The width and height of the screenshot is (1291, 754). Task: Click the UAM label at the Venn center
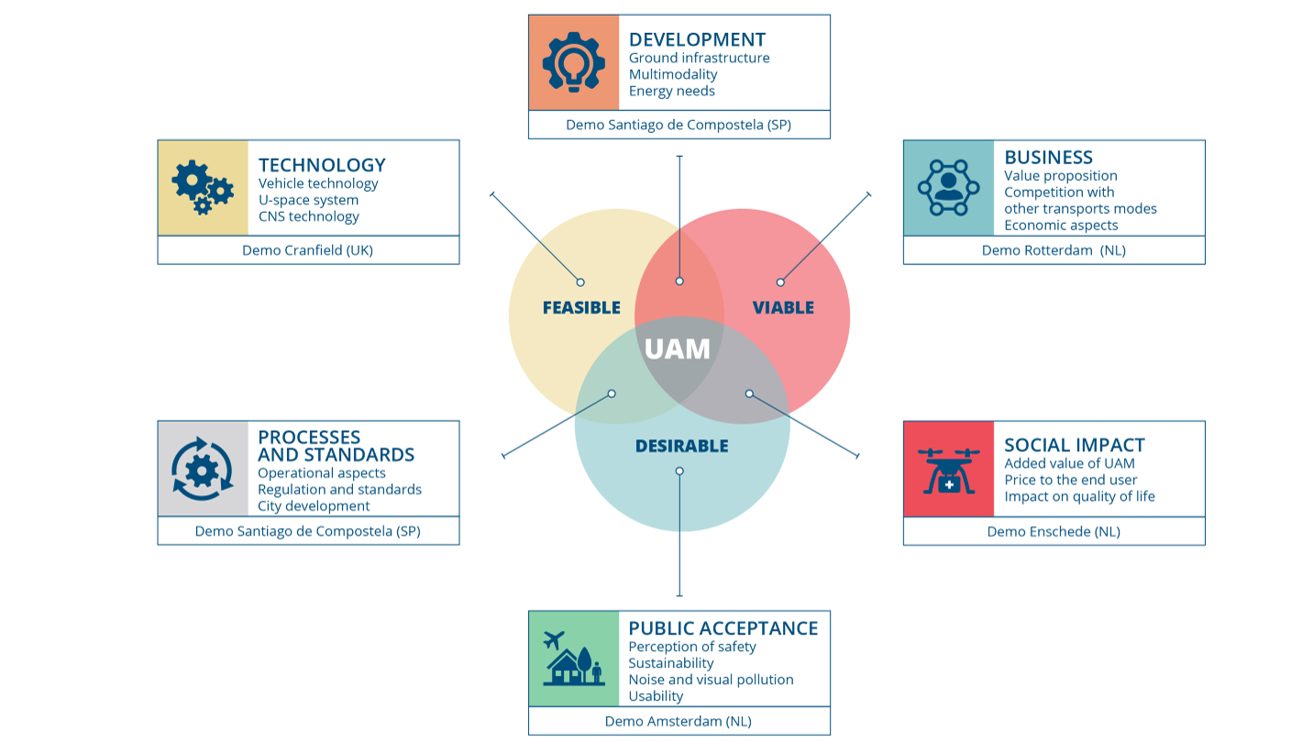[678, 349]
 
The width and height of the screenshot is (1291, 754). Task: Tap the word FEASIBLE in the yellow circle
[581, 308]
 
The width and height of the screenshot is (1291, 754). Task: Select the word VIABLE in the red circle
[783, 308]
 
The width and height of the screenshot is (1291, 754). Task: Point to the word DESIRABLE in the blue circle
[682, 446]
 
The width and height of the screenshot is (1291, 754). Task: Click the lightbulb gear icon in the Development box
[573, 62]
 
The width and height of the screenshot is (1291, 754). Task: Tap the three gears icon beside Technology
[203, 187]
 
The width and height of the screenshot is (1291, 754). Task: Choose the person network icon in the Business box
[949, 188]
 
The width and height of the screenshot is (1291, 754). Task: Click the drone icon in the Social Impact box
[949, 471]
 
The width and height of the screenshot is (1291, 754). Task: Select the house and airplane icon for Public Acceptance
[574, 658]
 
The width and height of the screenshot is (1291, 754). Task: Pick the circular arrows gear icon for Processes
[203, 469]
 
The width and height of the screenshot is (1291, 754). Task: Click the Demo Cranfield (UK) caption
[308, 250]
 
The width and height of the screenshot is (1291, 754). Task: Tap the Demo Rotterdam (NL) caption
[1054, 250]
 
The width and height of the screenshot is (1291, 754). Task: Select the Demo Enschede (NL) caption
[1054, 531]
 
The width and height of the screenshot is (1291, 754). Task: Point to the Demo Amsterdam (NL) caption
[679, 722]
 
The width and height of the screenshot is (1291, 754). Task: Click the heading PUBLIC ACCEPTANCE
[723, 628]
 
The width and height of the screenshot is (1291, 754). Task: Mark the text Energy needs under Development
[671, 91]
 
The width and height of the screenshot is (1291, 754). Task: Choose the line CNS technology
[308, 216]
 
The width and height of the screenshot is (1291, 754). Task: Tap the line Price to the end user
[1070, 480]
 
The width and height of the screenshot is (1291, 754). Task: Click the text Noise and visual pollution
[711, 680]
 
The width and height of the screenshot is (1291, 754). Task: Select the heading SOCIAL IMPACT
[1075, 445]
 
